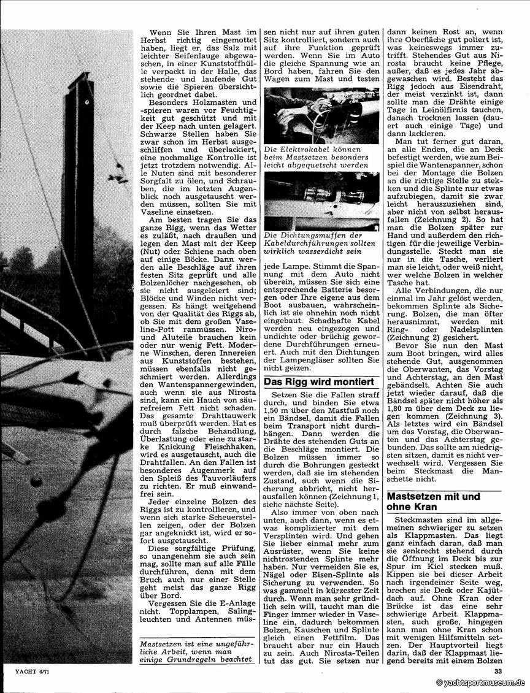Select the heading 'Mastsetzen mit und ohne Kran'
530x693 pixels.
[x=432, y=501]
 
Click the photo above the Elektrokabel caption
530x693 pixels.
[x=321, y=117]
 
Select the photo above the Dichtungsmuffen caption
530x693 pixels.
[x=321, y=201]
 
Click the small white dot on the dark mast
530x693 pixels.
[x=88, y=101]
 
